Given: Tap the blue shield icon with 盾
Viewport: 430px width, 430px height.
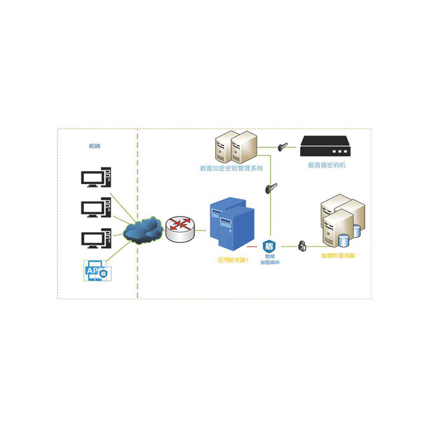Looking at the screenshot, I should click(269, 247).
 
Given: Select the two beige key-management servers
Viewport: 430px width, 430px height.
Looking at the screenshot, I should click(235, 147).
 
